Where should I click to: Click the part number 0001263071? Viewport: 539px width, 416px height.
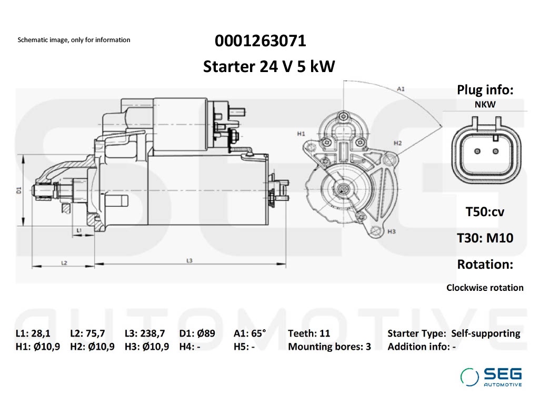pyautogui.click(x=260, y=40)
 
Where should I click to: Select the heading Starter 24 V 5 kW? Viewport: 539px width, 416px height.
pyautogui.click(x=269, y=67)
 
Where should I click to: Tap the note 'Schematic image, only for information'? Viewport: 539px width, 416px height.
pyautogui.click(x=74, y=40)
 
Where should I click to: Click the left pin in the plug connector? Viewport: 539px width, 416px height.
pyautogui.click(x=477, y=151)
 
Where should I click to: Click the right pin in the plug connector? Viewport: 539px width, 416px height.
pyautogui.click(x=496, y=151)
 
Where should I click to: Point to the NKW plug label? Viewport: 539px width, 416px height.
pyautogui.click(x=485, y=105)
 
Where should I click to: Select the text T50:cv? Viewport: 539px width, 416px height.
pyautogui.click(x=485, y=212)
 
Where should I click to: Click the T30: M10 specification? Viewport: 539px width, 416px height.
pyautogui.click(x=485, y=238)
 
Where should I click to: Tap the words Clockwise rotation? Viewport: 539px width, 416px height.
pyautogui.click(x=485, y=288)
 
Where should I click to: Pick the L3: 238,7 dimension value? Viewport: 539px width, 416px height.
pyautogui.click(x=145, y=333)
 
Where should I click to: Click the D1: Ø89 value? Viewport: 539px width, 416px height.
pyautogui.click(x=197, y=333)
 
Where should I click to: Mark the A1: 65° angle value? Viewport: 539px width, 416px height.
pyautogui.click(x=250, y=333)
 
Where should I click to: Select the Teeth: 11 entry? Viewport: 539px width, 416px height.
pyautogui.click(x=309, y=333)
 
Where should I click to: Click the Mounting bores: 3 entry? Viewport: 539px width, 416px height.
pyautogui.click(x=330, y=347)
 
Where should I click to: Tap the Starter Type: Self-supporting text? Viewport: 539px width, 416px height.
pyautogui.click(x=453, y=333)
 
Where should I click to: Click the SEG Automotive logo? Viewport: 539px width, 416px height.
pyautogui.click(x=491, y=377)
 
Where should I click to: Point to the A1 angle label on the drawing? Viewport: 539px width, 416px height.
pyautogui.click(x=401, y=89)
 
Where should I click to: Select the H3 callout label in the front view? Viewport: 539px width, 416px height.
pyautogui.click(x=392, y=231)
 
